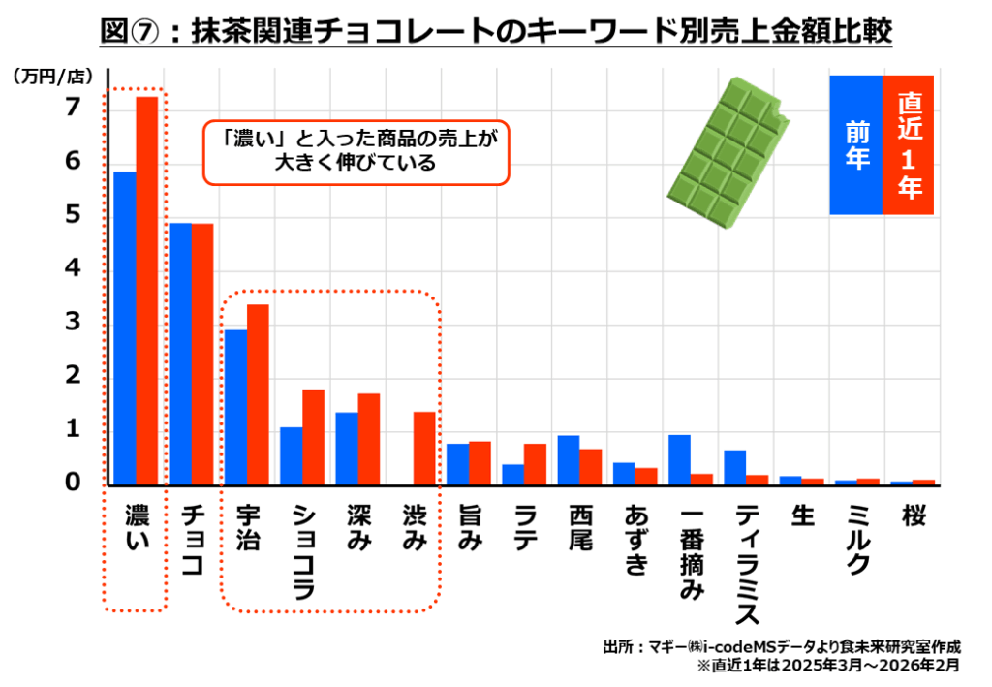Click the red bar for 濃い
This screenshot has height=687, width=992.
click(146, 291)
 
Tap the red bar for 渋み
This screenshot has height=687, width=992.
click(424, 448)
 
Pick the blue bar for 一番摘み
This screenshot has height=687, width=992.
click(679, 459)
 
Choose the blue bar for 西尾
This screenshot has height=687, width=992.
click(569, 459)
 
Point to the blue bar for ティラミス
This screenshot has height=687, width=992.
click(734, 467)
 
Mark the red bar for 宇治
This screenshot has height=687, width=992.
click(258, 394)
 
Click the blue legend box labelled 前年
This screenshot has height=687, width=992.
click(856, 144)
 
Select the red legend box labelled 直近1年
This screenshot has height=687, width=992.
click(909, 144)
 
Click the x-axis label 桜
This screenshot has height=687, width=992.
click(913, 515)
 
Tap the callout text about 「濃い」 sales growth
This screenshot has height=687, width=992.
click(356, 151)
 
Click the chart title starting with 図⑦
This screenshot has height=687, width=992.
click(496, 31)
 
